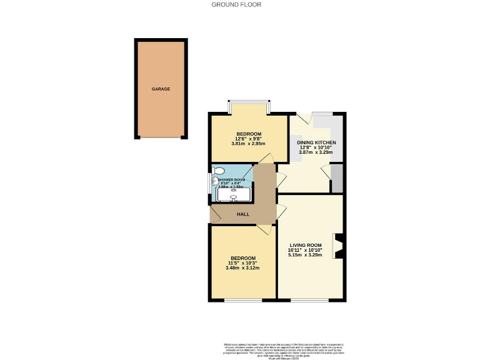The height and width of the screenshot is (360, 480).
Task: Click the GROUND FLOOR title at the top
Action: tap(236, 4)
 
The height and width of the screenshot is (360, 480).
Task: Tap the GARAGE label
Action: tap(161, 89)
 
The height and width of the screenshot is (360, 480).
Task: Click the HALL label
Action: tap(242, 214)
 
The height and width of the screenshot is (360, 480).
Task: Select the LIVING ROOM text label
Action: tap(306, 245)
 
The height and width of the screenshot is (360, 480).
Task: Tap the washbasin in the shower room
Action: tap(214, 184)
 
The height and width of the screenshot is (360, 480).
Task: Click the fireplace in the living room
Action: tap(339, 246)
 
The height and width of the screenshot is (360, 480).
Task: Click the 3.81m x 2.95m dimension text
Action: tap(248, 144)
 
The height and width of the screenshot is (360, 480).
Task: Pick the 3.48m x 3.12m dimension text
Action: tap(242, 268)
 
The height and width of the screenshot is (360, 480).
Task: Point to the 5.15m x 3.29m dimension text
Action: tap(306, 255)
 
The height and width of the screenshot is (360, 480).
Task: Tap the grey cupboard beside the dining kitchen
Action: tap(337, 179)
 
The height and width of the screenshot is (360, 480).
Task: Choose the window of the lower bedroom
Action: tap(242, 301)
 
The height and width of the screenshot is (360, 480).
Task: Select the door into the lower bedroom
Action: tap(266, 229)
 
